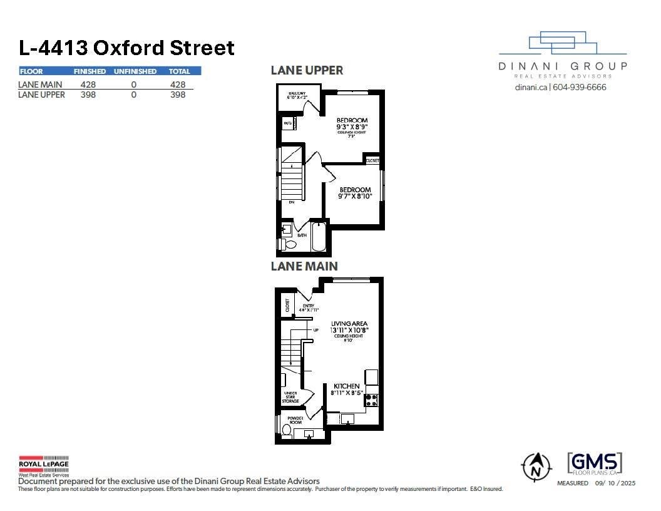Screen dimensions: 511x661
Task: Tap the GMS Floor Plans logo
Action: [x=594, y=464]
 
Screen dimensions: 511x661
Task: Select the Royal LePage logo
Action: [x=43, y=465]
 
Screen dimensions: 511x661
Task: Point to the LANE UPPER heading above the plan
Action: [x=307, y=70]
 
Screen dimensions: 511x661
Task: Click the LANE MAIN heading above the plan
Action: [x=304, y=266]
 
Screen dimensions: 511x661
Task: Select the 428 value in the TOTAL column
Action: [x=178, y=84]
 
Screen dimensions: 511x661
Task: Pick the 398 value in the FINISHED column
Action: [x=88, y=95]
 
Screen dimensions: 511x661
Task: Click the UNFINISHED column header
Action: [x=135, y=71]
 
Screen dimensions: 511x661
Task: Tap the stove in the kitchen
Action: [x=371, y=400]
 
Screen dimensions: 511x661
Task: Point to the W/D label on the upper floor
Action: [x=288, y=123]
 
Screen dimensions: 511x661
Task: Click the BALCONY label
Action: [x=297, y=95]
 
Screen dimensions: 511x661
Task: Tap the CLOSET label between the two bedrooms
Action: [x=372, y=161]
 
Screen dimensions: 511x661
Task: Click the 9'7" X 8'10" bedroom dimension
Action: [x=356, y=196]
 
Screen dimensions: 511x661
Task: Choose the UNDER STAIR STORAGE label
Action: [x=290, y=397]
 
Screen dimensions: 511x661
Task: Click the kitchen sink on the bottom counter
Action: [x=347, y=418]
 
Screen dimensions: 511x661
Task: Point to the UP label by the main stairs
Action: [x=316, y=329]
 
